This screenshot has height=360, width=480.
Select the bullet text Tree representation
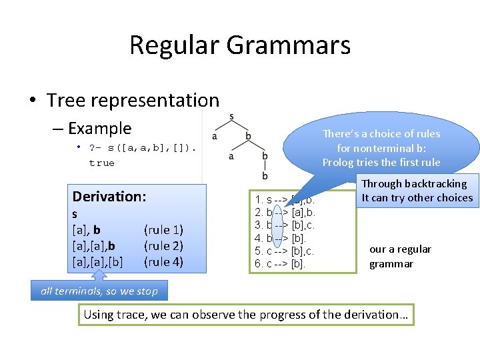coord(133,100)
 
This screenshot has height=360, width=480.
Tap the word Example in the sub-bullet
coord(99,128)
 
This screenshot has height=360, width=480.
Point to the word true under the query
coord(101,163)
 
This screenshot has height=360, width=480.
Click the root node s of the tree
coord(231,117)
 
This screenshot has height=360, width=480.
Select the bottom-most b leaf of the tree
coord(265,175)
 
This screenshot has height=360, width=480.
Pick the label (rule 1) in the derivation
coord(163,230)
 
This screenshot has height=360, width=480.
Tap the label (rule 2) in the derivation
coord(163,246)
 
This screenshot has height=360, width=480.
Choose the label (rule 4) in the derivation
coord(163,262)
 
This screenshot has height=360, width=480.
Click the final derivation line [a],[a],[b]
coord(97,262)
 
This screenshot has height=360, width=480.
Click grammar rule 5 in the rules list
coord(284,251)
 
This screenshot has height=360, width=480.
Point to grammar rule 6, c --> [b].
coord(280,263)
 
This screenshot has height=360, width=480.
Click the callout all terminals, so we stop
coord(99,291)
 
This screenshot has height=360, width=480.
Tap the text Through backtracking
coord(414,183)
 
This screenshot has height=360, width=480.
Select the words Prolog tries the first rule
coord(381,162)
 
